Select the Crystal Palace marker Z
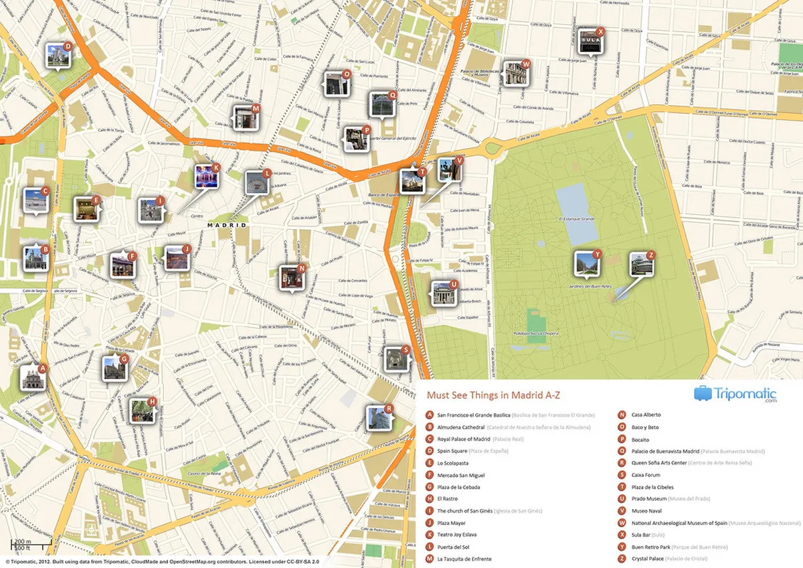641,265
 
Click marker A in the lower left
32,378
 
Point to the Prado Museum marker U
444,293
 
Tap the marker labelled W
517,73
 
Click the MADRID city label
227,226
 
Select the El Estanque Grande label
577,219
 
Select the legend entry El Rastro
448,498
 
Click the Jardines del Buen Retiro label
590,286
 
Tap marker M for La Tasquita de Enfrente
245,118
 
